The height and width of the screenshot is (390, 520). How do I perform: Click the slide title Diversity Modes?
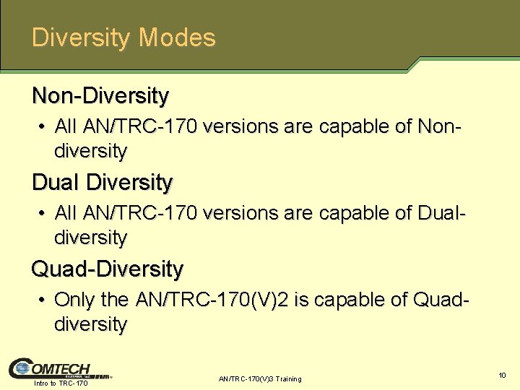[123, 37]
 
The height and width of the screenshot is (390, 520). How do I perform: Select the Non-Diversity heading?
[100, 95]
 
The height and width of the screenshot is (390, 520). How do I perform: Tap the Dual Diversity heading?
[102, 182]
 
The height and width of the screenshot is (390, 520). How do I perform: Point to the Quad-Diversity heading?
[107, 269]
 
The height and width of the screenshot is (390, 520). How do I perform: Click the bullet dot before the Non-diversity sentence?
[44, 127]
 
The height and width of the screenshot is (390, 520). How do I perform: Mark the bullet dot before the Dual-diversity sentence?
[44, 214]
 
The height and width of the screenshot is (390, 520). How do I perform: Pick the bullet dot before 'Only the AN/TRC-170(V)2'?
[44, 300]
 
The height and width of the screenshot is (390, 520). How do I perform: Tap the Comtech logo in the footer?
[50, 369]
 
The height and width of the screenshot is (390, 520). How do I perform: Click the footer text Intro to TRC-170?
[61, 383]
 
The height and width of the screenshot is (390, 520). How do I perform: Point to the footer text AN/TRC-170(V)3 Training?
[259, 378]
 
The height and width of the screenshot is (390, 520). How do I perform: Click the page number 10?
[502, 374]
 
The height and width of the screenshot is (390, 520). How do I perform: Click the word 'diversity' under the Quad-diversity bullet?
[90, 324]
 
